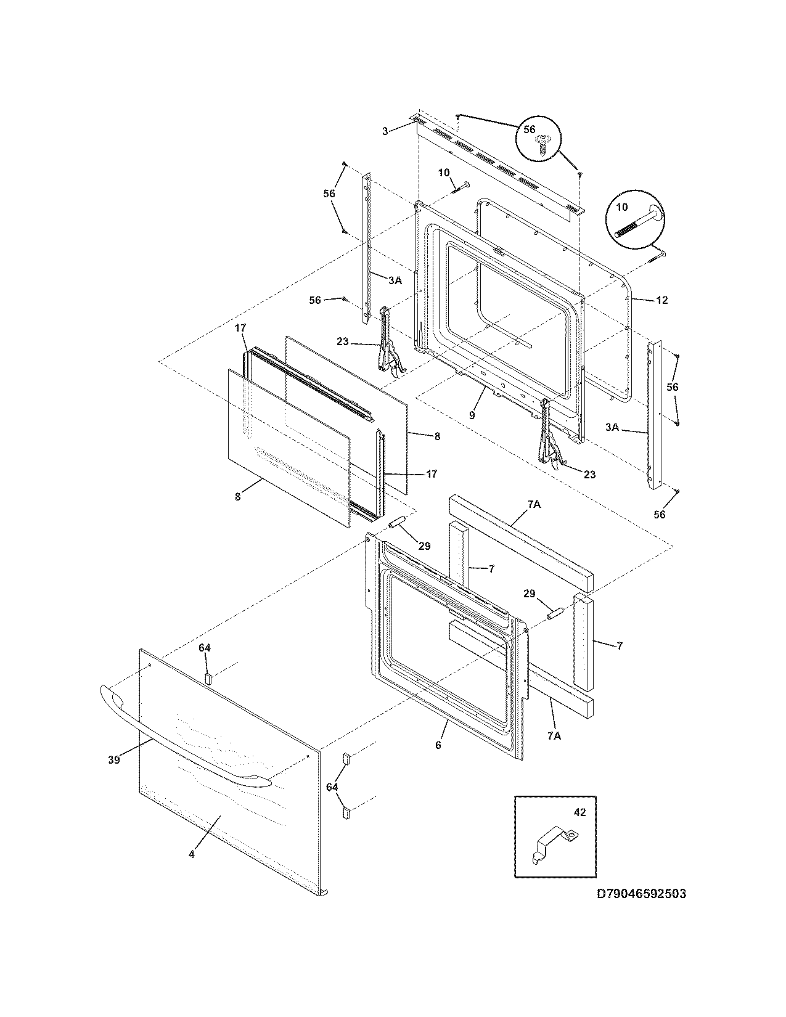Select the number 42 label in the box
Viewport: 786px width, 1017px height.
pos(579,812)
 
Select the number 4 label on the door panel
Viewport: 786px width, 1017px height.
pos(192,854)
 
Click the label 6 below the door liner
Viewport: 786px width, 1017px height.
pos(438,745)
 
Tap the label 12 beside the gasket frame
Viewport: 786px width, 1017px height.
pos(661,300)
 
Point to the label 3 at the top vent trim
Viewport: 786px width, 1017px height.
pos(385,131)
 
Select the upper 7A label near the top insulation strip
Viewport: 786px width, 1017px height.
pos(534,504)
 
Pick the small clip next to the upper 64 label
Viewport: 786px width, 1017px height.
pos(208,678)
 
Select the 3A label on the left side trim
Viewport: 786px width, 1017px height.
pos(395,280)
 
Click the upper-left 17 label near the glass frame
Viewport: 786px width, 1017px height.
pos(240,329)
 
